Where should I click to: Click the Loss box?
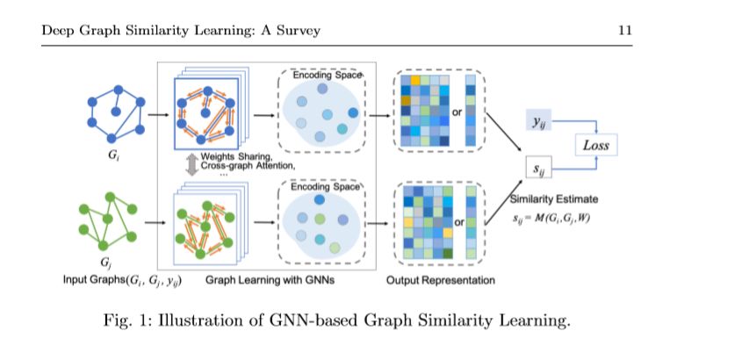595,145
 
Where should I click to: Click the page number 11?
624,31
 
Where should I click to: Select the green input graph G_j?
110,223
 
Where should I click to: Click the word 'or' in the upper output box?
457,112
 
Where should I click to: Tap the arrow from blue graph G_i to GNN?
158,114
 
